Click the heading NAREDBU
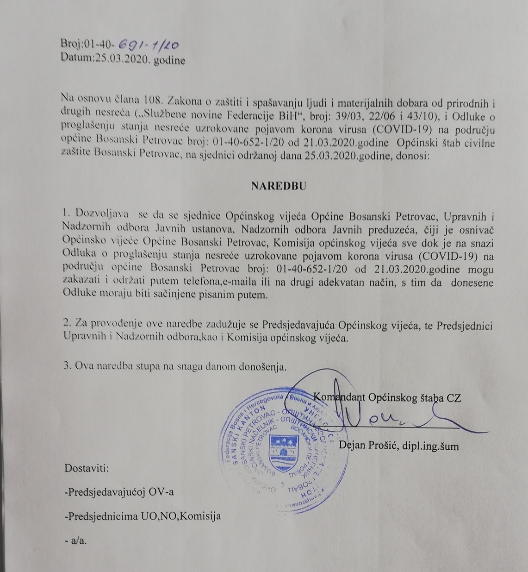click(279, 186)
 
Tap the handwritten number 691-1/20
click(149, 44)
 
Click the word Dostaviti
click(87, 467)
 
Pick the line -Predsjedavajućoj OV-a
click(119, 492)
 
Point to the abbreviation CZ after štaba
click(453, 397)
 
